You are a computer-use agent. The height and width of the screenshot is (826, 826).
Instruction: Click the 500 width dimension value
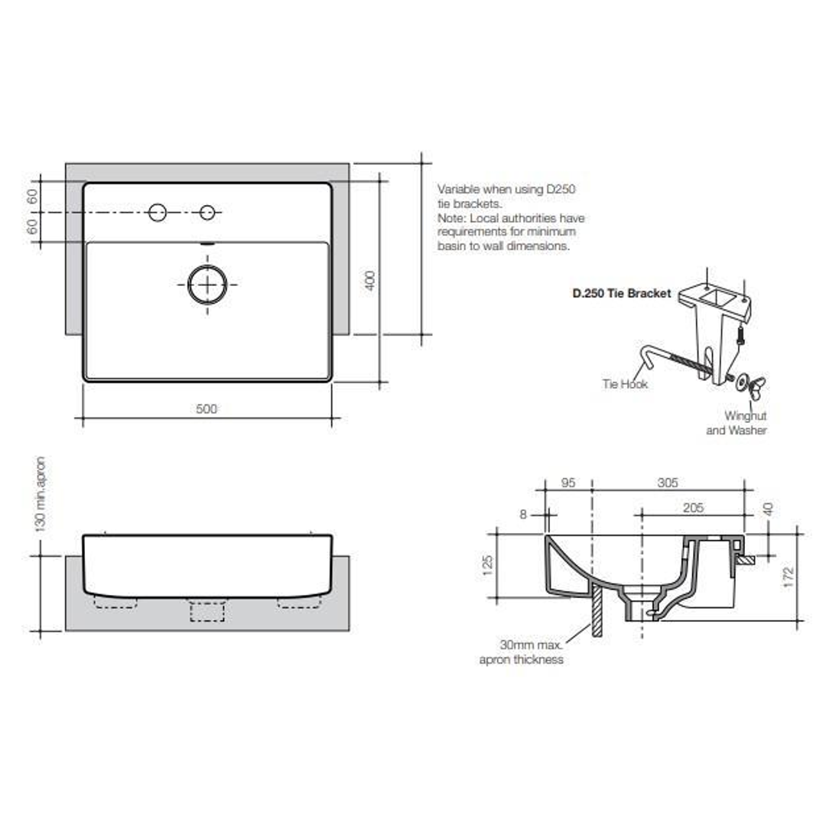pyautogui.click(x=206, y=409)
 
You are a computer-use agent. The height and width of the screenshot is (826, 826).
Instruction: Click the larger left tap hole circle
pyautogui.click(x=158, y=213)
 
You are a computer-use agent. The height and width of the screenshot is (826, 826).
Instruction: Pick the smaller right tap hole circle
pyautogui.click(x=207, y=213)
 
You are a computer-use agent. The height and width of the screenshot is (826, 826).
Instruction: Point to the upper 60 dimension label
pyautogui.click(x=33, y=196)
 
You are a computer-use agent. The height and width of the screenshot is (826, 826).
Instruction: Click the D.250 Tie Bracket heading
pyautogui.click(x=622, y=293)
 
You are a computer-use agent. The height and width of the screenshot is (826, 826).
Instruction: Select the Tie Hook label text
pyautogui.click(x=624, y=384)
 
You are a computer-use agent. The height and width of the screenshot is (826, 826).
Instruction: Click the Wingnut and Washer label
pyautogui.click(x=737, y=424)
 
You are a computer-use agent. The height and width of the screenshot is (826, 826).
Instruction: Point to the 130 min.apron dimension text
pyautogui.click(x=41, y=494)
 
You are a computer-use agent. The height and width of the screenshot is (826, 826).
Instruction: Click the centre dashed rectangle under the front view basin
pyautogui.click(x=206, y=610)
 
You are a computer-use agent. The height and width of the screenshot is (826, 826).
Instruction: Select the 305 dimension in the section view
pyautogui.click(x=667, y=483)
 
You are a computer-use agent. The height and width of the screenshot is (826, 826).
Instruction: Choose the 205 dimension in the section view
pyautogui.click(x=693, y=508)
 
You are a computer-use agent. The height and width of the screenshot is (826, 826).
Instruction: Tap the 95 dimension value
pyautogui.click(x=567, y=483)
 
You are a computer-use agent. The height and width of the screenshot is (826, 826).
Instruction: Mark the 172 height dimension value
pyautogui.click(x=789, y=575)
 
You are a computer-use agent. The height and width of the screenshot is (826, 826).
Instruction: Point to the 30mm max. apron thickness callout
pyautogui.click(x=522, y=652)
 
